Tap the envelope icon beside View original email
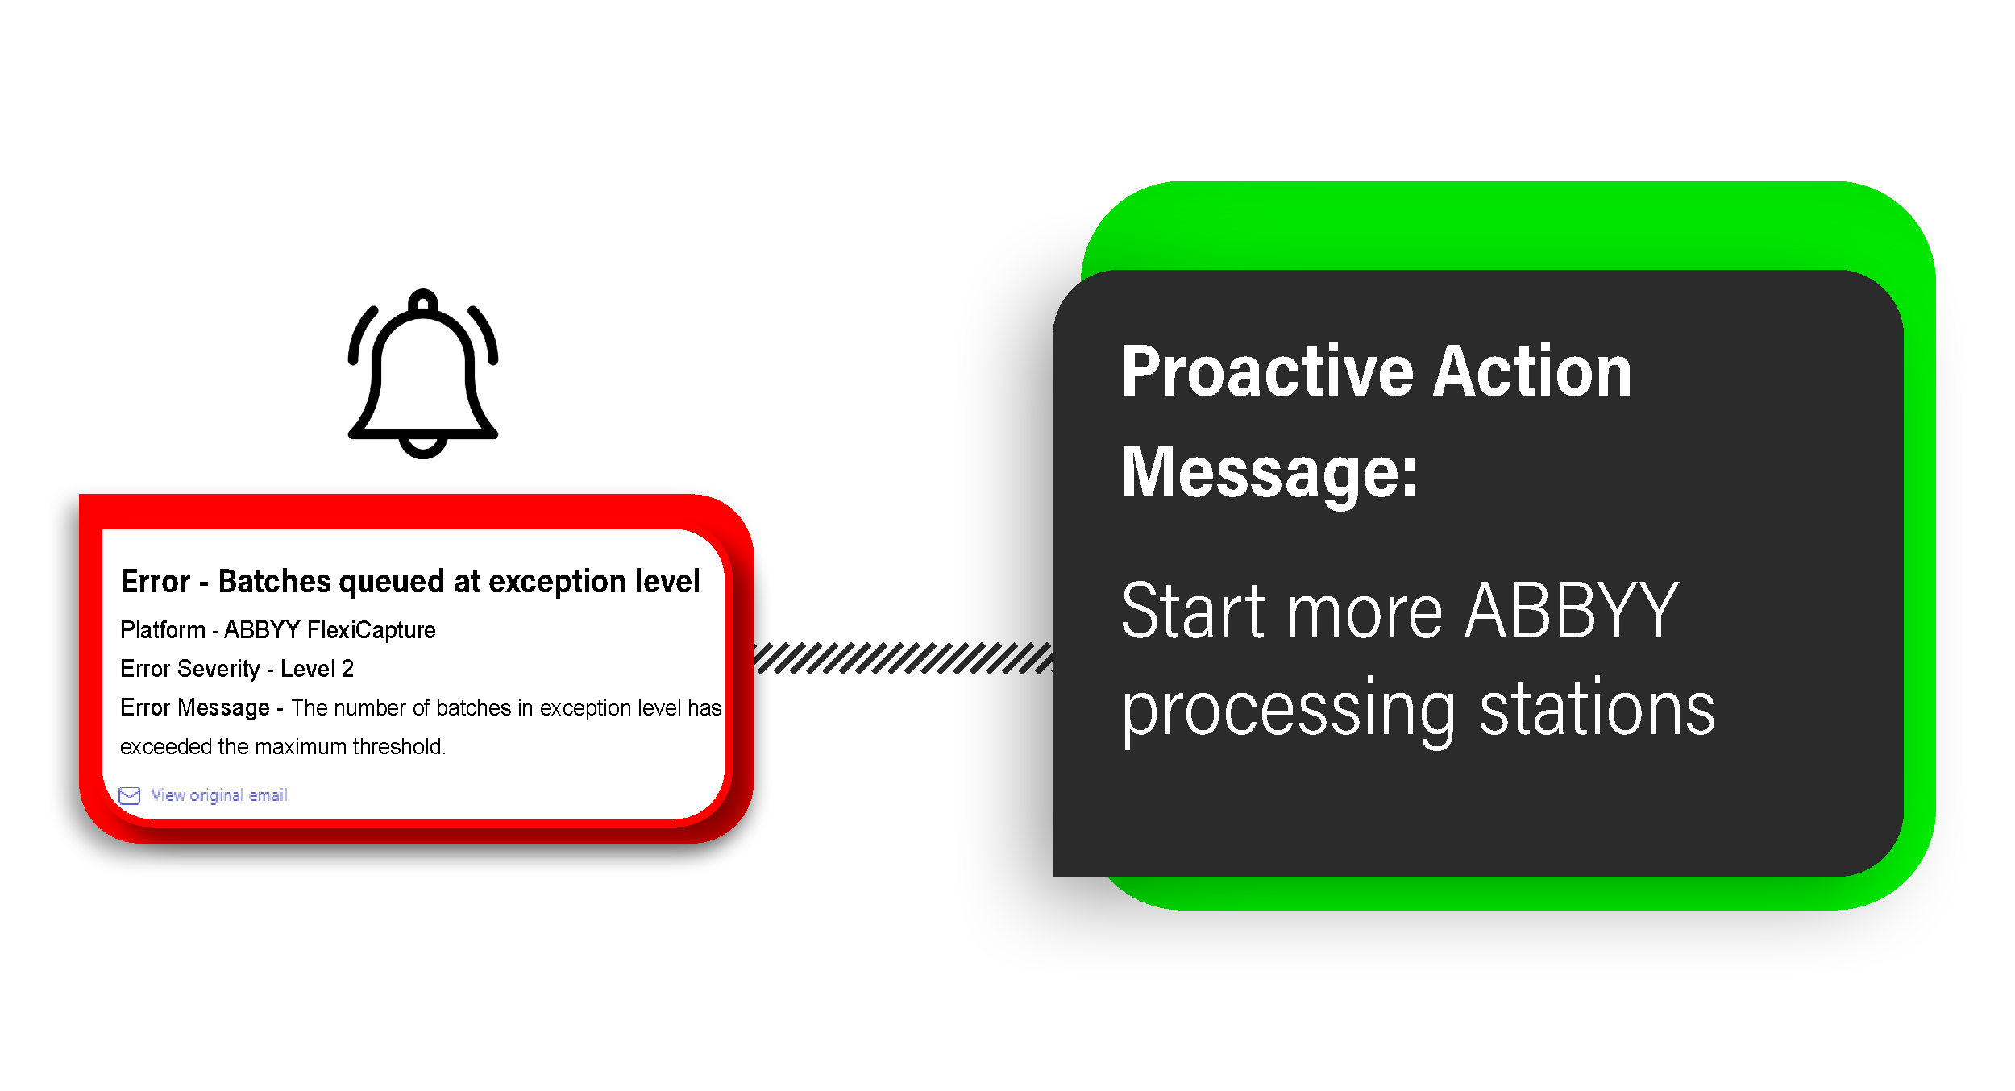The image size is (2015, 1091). [x=129, y=796]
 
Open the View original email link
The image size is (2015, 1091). [x=219, y=795]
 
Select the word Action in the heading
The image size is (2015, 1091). [x=1532, y=372]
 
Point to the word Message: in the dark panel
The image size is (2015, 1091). [x=1269, y=473]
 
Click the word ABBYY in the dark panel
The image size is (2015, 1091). [x=1572, y=612]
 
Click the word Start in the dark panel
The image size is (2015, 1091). [x=1196, y=612]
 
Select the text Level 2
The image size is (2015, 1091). [x=317, y=669]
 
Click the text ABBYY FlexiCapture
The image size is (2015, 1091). [x=330, y=630]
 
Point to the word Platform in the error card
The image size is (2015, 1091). [x=163, y=630]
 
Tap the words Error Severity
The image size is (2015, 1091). [x=190, y=669]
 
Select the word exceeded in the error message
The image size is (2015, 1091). [x=166, y=747]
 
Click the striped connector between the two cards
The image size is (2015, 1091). [x=903, y=658]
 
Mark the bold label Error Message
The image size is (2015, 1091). [x=195, y=707]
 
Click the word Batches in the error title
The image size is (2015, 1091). [x=275, y=582]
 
